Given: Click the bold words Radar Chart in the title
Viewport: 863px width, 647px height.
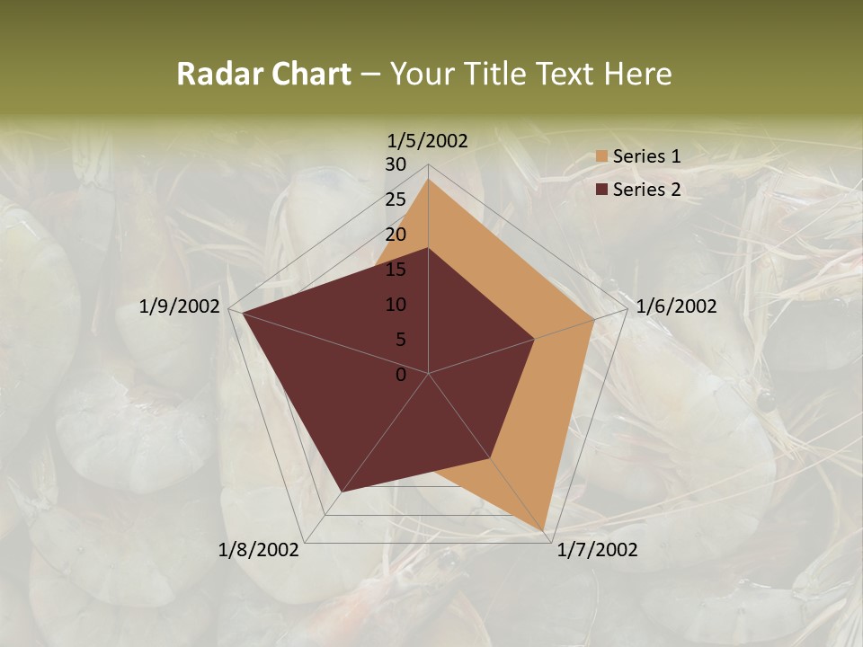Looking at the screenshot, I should pos(262,74).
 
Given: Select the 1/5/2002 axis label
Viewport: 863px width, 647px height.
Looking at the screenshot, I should pos(427,140).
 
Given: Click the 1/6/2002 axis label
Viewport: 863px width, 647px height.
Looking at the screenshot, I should pos(676,306).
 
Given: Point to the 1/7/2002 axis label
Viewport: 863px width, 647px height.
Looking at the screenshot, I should pos(597,550).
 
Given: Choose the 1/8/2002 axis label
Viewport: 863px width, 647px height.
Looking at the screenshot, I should pos(259,550).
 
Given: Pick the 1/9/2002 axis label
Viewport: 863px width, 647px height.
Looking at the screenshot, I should pos(180,306).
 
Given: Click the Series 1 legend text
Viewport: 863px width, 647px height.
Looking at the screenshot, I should pos(646,156).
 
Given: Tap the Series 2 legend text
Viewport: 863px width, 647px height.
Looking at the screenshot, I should pos(646,190).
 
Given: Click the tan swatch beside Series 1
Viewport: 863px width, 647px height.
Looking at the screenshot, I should pos(601,157).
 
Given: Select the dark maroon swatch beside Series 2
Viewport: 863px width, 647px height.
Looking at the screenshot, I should pos(601,190).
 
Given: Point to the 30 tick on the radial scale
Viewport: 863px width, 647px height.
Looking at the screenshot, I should pos(396,164).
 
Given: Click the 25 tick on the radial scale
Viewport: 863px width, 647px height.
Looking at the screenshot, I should pos(396,199).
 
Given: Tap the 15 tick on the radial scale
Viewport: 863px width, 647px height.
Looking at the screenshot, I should pos(396,270).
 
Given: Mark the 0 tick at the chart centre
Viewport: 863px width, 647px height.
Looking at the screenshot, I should pos(401,375).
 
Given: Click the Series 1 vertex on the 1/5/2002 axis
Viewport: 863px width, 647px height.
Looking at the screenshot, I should pos(428,179).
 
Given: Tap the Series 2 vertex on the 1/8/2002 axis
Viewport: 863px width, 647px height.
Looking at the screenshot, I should pos(342,492).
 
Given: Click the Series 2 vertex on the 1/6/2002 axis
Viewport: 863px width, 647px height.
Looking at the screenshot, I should pos(534,339).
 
